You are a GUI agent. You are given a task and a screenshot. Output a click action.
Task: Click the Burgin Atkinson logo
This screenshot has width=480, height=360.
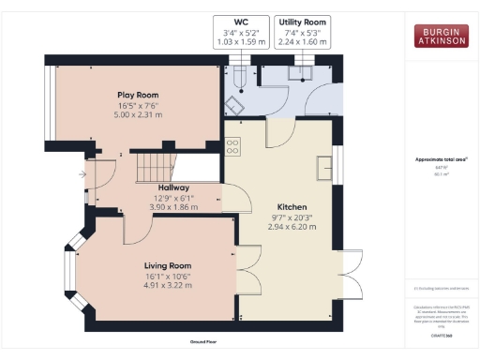coord(442,37)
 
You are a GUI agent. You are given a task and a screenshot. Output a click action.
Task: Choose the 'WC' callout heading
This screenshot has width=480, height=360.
coord(242,21)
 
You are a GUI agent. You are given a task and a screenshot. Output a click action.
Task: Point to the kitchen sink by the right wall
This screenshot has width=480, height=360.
coord(325,167)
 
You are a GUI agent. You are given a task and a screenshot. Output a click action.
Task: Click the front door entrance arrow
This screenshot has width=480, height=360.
coord(84,174)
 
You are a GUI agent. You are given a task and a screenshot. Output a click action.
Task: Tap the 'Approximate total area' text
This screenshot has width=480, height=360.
coord(441,159)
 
